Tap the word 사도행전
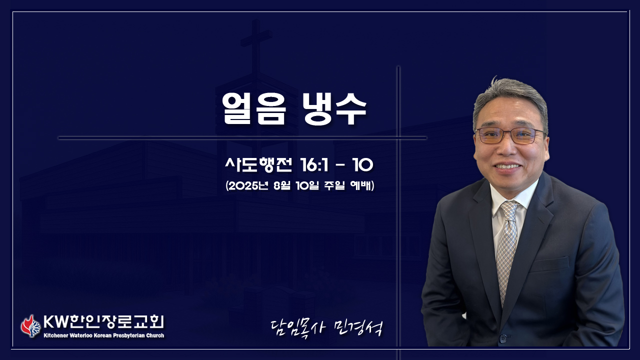pyautogui.click(x=258, y=165)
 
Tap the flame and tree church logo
pyautogui.click(x=30, y=326)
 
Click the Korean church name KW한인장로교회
pyautogui.click(x=103, y=322)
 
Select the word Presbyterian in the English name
pyautogui.click(x=129, y=335)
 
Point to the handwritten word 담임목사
pyautogui.click(x=298, y=328)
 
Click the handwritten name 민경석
pyautogui.click(x=358, y=328)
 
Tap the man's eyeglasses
pyautogui.click(x=510, y=135)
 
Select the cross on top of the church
pyautogui.click(x=256, y=47)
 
